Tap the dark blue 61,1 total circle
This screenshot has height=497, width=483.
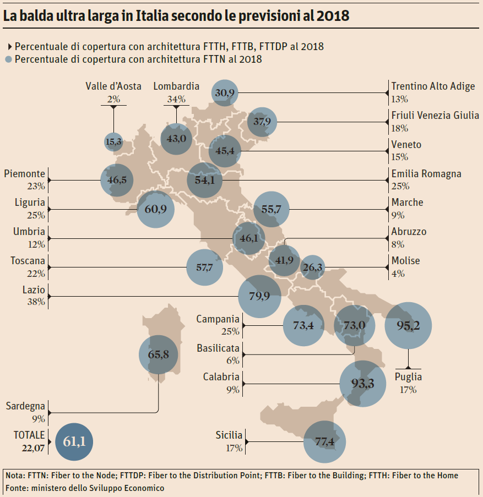[74, 441]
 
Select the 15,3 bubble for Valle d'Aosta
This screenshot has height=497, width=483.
[113, 142]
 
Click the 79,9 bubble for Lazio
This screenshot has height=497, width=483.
[259, 296]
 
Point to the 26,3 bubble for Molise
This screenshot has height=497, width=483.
[313, 267]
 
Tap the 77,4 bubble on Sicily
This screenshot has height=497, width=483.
[325, 441]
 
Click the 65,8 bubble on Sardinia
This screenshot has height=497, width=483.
[159, 354]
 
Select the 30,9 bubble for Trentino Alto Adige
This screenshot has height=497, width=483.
[225, 93]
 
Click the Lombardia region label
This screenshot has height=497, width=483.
[176, 86]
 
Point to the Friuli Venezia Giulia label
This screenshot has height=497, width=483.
[435, 116]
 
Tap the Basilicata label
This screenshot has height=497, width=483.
[218, 348]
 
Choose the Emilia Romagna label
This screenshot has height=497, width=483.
[426, 174]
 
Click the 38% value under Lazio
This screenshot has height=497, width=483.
[36, 302]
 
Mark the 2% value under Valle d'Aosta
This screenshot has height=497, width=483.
[113, 99]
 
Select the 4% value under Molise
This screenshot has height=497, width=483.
[398, 273]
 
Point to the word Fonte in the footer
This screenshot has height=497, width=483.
[17, 488]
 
